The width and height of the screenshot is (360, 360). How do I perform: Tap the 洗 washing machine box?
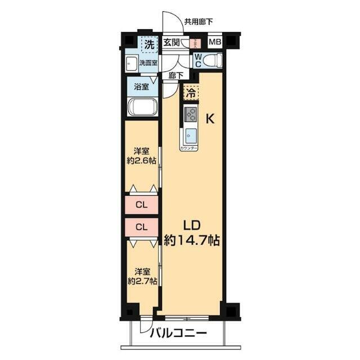tap(148, 43)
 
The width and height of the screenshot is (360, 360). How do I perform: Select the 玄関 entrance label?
tap(172, 43)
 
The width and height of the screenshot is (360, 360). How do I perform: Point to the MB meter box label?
tap(214, 42)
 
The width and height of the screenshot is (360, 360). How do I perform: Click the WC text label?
tap(197, 59)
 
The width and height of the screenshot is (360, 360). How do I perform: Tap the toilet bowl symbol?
tap(213, 60)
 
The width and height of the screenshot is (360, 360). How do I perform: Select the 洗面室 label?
tap(148, 63)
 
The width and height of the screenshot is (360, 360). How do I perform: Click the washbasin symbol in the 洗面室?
tap(131, 63)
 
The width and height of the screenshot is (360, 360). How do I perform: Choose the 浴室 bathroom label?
tap(141, 87)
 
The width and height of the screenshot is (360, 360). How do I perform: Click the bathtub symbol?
tap(142, 106)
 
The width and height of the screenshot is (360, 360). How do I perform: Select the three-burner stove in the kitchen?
tap(191, 115)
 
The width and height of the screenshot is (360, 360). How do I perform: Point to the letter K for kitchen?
tap(209, 119)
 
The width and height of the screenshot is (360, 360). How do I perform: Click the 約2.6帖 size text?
tap(141, 161)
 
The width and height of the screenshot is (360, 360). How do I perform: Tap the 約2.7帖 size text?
tap(141, 281)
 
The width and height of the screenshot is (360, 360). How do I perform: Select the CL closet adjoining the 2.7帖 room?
tap(142, 227)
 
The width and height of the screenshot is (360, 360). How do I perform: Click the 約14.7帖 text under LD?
tap(191, 240)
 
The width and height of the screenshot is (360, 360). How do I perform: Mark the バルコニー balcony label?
tap(178, 334)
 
